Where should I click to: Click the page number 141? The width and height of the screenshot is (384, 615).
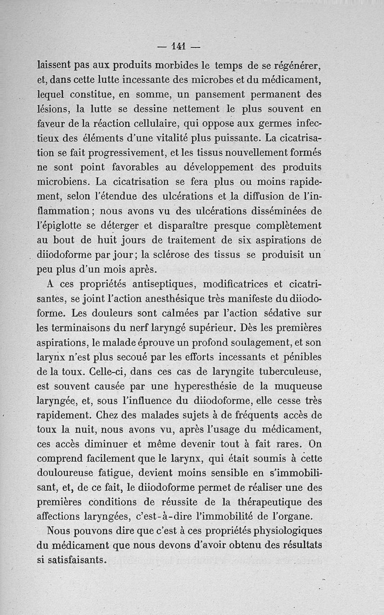pos(177,47)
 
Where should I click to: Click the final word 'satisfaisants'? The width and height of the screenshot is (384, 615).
pos(72,561)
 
